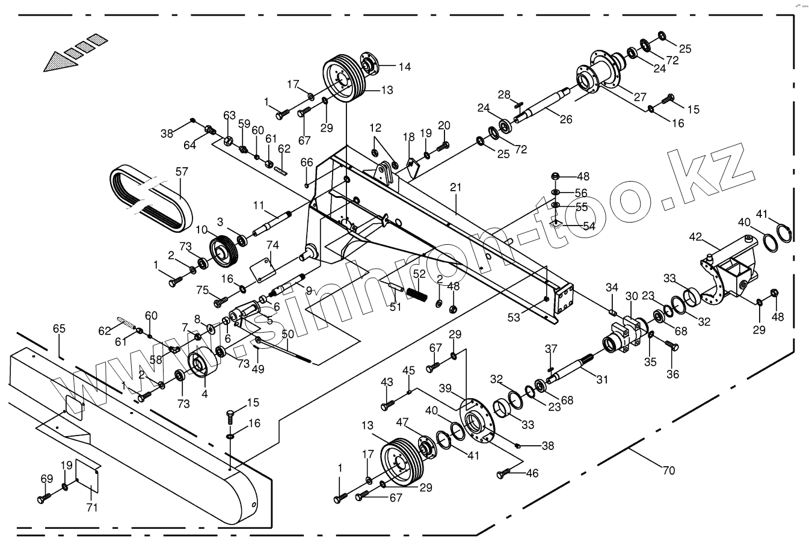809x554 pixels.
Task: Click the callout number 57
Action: tap(182, 171)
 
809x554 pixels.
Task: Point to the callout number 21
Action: tap(455, 187)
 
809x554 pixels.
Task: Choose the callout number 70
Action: tap(668, 471)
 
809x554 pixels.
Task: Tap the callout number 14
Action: tap(404, 67)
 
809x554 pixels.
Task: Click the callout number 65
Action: tap(58, 328)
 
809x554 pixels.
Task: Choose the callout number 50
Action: tap(288, 334)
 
